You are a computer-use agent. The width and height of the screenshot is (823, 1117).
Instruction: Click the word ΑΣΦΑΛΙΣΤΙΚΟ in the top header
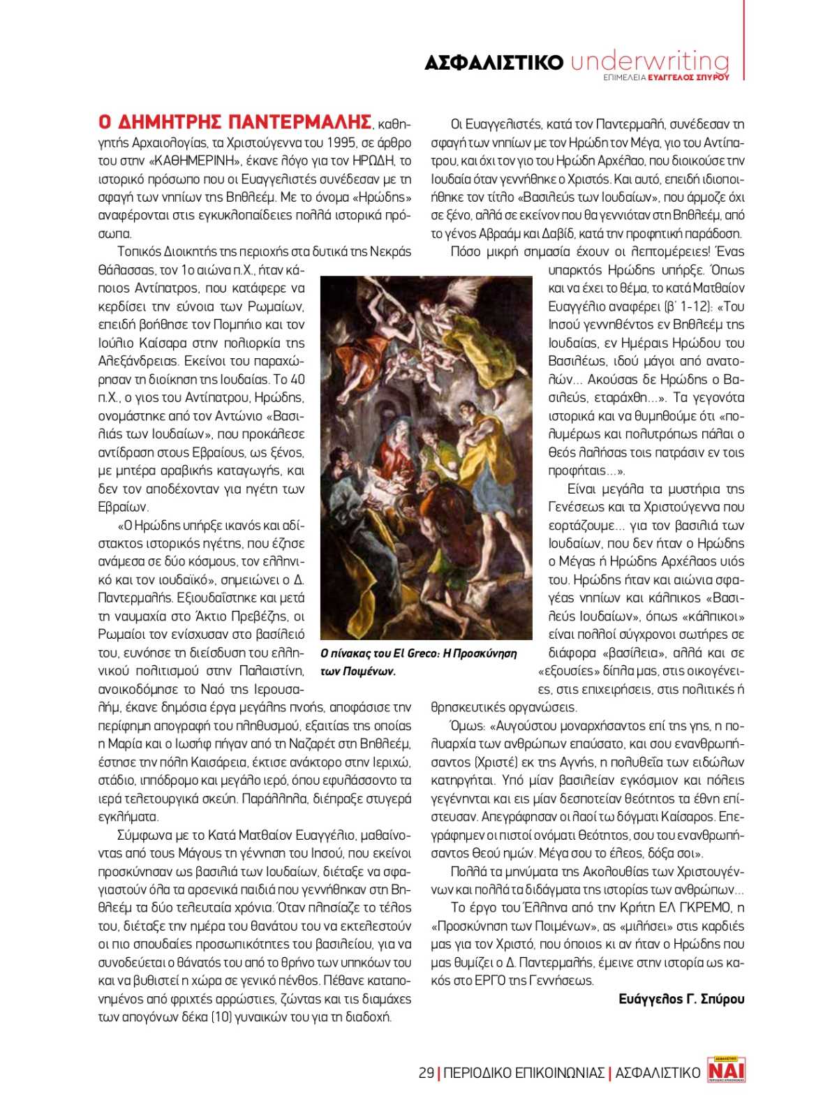pos(494,63)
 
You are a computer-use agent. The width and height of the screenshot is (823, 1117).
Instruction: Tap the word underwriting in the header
pos(649,61)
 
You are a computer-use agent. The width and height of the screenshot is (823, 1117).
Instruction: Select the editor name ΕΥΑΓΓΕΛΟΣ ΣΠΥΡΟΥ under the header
pos(688,77)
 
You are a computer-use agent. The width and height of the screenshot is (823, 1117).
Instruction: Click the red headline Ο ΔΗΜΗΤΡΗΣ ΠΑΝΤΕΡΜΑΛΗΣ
pos(235,123)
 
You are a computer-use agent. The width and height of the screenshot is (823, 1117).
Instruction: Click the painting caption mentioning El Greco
pos(418,662)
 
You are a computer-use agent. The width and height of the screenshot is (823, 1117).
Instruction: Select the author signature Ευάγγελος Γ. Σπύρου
pos(681,999)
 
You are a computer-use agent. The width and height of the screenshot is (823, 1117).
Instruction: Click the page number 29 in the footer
pos(426,1072)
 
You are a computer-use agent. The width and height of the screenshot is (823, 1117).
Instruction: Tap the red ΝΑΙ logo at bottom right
pos(726,1070)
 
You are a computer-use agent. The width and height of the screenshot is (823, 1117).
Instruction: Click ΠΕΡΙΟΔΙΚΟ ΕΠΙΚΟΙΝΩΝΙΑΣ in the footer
pos(524,1072)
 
